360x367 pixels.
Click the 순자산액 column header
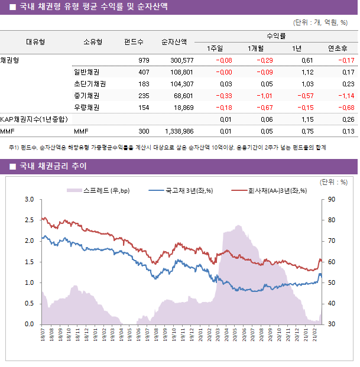tap(174, 42)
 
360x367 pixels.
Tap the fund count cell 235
tap(144, 96)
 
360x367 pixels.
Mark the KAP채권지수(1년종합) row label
tap(34, 119)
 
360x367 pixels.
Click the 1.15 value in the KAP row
tap(307, 119)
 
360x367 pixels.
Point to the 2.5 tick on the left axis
tap(29, 220)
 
